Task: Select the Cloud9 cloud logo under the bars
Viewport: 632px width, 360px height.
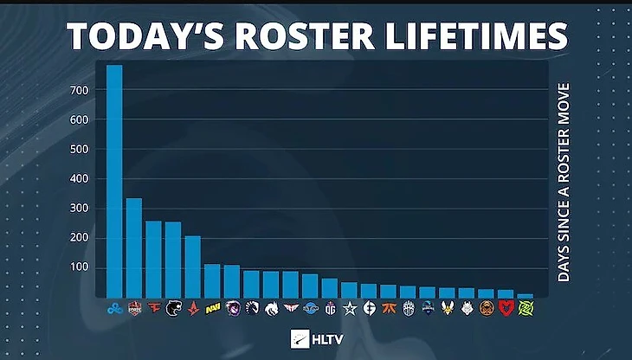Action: (114, 307)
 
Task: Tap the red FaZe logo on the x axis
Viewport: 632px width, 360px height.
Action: (153, 307)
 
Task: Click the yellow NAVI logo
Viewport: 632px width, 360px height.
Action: (212, 307)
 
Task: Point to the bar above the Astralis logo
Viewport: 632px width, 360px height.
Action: (192, 266)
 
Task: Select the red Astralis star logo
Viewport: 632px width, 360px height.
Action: (192, 307)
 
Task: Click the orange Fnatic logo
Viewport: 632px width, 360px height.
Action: (389, 307)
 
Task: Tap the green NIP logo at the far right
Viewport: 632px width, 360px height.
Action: (526, 307)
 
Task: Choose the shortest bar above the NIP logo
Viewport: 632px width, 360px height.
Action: (526, 295)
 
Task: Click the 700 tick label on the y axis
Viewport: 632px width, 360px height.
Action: (81, 90)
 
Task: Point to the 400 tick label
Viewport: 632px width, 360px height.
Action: (81, 178)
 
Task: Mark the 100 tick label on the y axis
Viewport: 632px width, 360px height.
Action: (81, 267)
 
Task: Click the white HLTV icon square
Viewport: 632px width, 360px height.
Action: (300, 338)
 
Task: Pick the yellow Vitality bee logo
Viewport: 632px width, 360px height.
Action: (448, 307)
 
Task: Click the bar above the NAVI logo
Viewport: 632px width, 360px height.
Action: (212, 280)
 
